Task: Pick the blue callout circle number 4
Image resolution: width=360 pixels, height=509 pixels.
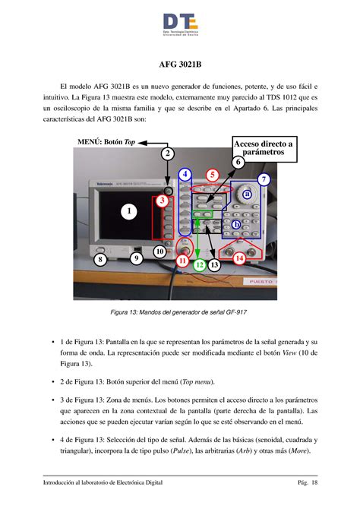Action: point(185,175)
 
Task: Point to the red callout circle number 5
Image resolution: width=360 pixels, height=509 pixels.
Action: point(213,175)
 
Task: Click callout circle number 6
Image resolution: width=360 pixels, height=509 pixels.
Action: point(238,162)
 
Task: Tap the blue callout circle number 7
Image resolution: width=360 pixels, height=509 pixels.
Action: point(264,179)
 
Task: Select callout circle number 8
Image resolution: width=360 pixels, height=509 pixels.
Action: point(100,260)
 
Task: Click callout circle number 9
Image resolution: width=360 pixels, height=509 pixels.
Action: point(136,258)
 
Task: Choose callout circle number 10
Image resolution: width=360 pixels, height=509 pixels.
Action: point(160,251)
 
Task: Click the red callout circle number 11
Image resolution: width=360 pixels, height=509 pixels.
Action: point(182,261)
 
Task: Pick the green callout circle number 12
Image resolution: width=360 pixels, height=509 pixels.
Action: point(198,265)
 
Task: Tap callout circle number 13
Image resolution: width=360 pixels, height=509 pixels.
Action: point(214,264)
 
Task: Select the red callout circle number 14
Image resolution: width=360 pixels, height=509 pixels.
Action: point(239,258)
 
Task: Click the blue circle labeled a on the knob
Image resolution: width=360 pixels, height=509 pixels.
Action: point(246,194)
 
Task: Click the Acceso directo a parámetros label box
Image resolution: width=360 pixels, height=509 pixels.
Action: point(242,148)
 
